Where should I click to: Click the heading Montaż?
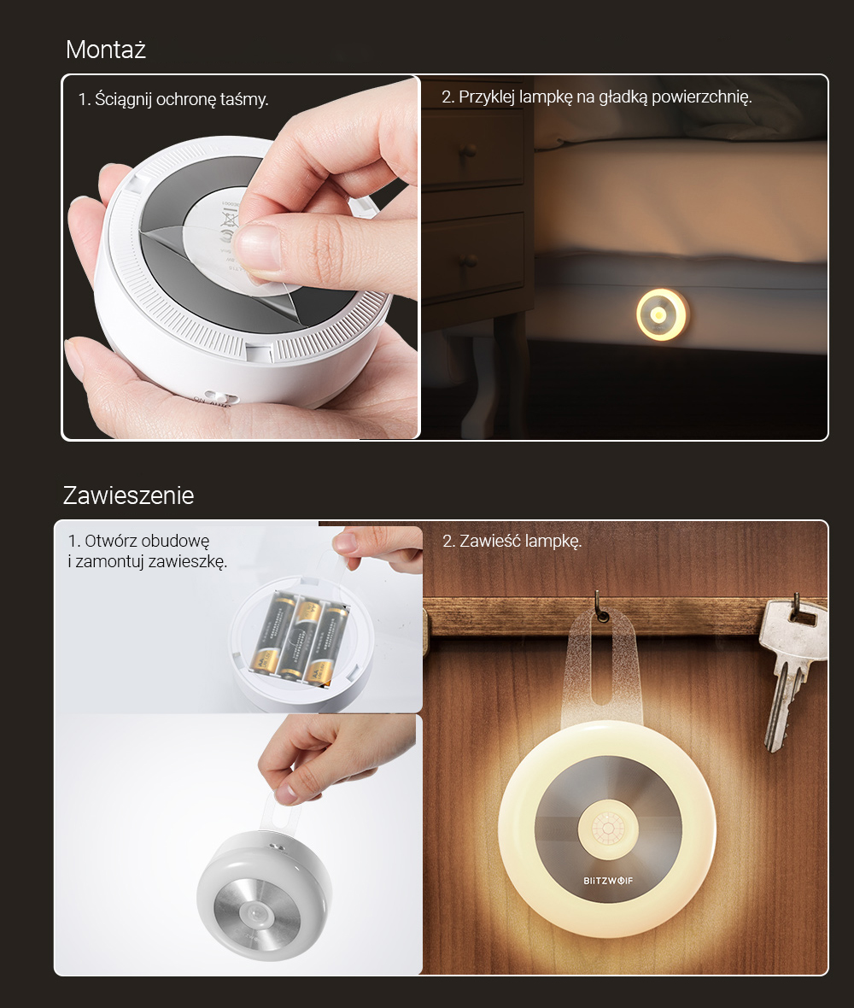106,50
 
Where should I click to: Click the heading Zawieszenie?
128,495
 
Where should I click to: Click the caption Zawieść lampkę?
512,542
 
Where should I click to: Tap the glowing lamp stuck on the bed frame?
661,315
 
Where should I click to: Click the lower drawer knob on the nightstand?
469,261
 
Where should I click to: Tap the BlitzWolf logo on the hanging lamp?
608,880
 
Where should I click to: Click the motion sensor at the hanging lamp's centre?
607,828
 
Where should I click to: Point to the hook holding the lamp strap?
601,607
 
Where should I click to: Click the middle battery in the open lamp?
302,638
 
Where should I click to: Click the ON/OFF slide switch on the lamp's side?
215,399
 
